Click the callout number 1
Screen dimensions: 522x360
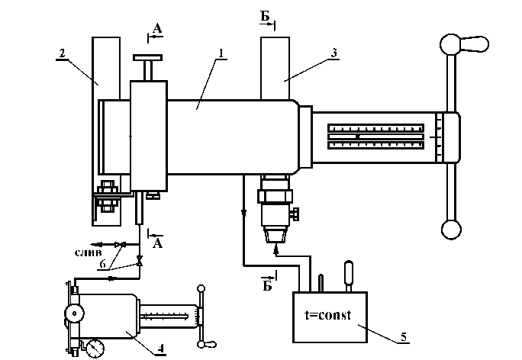pos(221,53)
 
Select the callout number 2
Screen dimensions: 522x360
pos(62,53)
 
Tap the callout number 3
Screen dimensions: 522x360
pos(334,53)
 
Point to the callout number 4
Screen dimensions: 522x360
pos(161,349)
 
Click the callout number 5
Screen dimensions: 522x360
pos(404,337)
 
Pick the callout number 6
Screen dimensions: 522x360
pos(103,264)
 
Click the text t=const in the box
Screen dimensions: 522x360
pos(327,315)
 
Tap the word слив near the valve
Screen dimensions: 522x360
pos(89,253)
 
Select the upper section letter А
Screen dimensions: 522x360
pos(157,29)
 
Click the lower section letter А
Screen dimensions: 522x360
pos(157,243)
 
